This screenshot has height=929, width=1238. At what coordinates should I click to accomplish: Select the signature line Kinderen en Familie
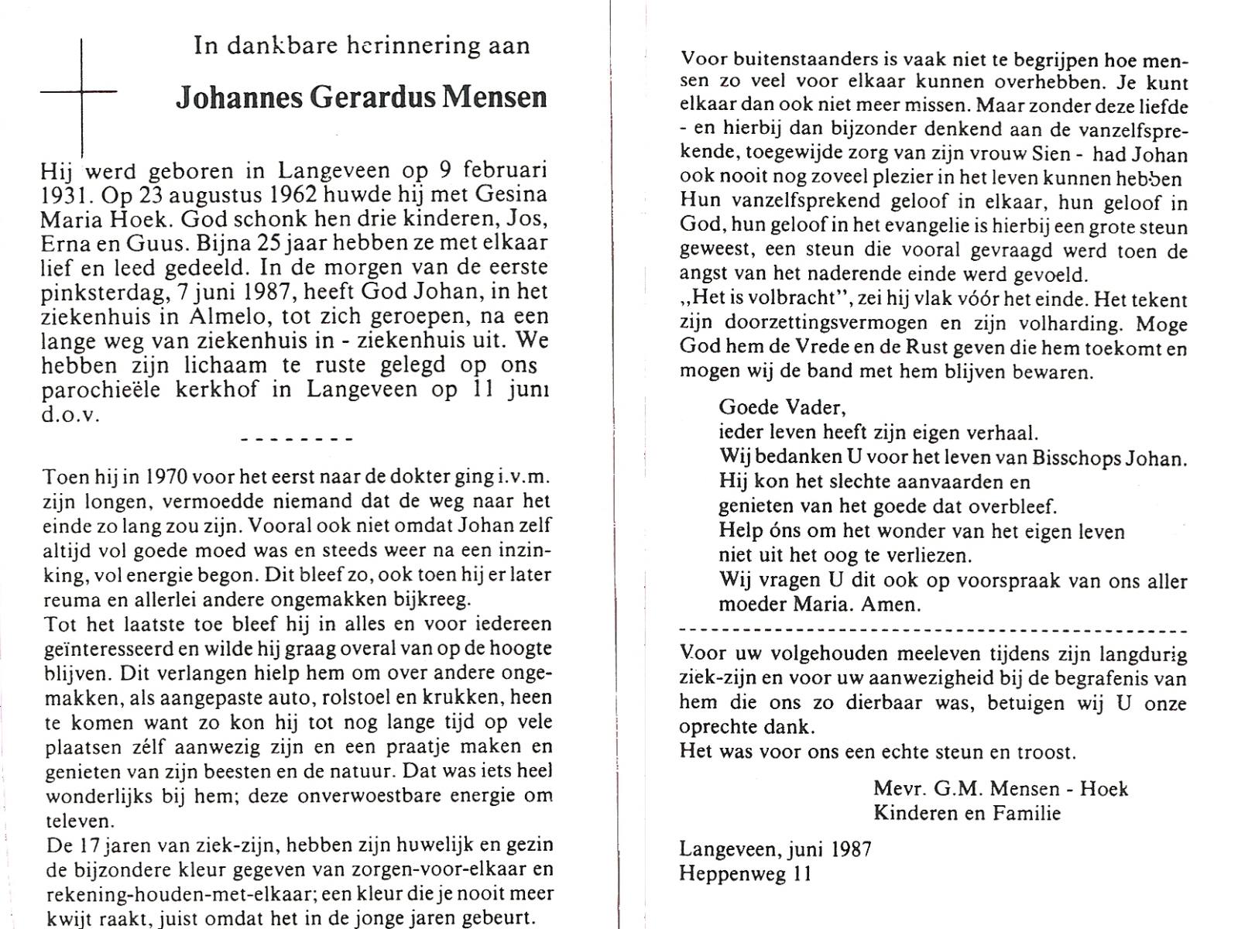[x=966, y=813]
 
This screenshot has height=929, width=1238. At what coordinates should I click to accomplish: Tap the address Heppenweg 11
[x=745, y=874]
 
